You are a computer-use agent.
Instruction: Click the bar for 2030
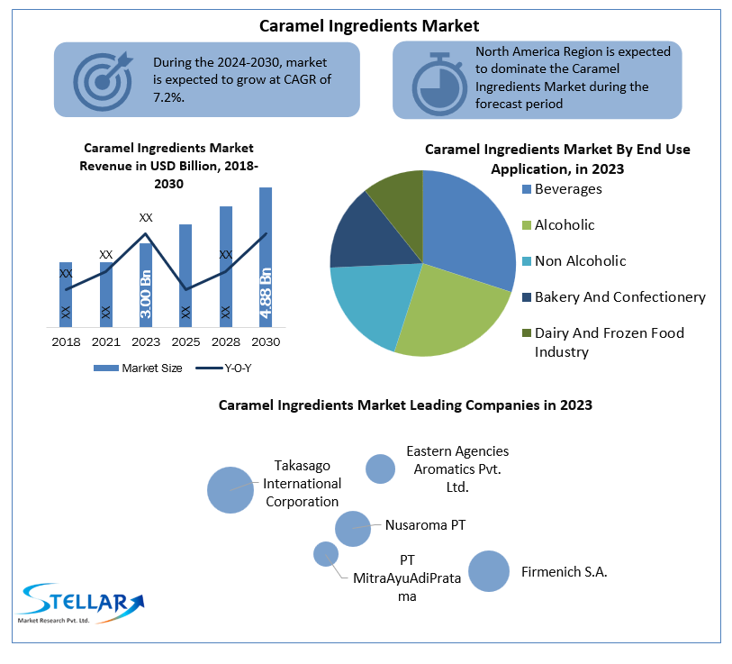pos(266,257)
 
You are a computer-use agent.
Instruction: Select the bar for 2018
pos(66,294)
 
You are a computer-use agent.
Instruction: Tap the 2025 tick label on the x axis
pos(185,342)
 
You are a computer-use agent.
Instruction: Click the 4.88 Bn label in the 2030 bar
pos(266,293)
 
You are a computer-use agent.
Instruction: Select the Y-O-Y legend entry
pos(230,368)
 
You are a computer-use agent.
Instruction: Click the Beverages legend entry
pos(567,189)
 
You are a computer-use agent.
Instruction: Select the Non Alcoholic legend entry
pos(580,261)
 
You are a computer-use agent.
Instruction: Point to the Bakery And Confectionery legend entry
pos(619,297)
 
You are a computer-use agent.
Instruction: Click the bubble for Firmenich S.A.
pos(489,571)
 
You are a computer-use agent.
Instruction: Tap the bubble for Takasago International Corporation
pos(230,490)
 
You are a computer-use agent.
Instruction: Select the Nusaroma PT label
pos(425,524)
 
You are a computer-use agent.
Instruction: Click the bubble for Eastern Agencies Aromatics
pos(380,468)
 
